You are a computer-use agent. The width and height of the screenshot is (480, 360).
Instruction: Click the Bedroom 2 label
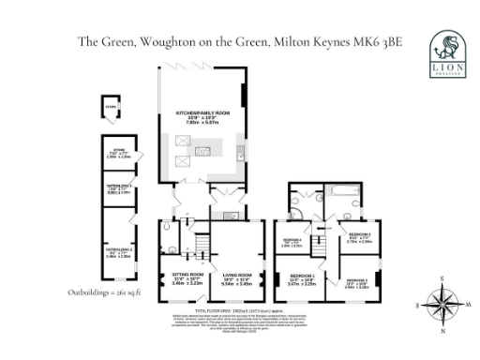coord(359,281)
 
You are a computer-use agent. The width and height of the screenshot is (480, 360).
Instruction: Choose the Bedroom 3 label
coord(360,235)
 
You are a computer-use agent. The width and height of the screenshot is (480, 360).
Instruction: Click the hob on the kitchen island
coord(201,151)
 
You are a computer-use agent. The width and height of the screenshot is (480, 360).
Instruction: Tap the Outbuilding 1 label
coord(117,254)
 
